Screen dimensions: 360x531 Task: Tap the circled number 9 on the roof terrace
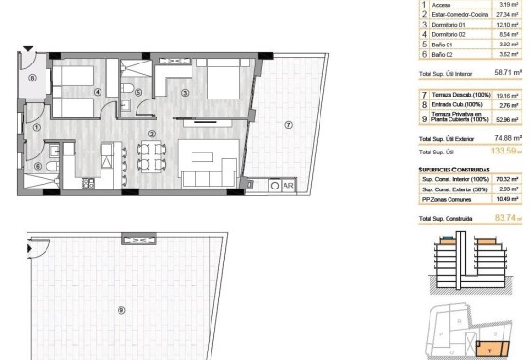point(121,310)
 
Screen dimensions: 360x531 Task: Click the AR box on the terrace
point(287,186)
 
